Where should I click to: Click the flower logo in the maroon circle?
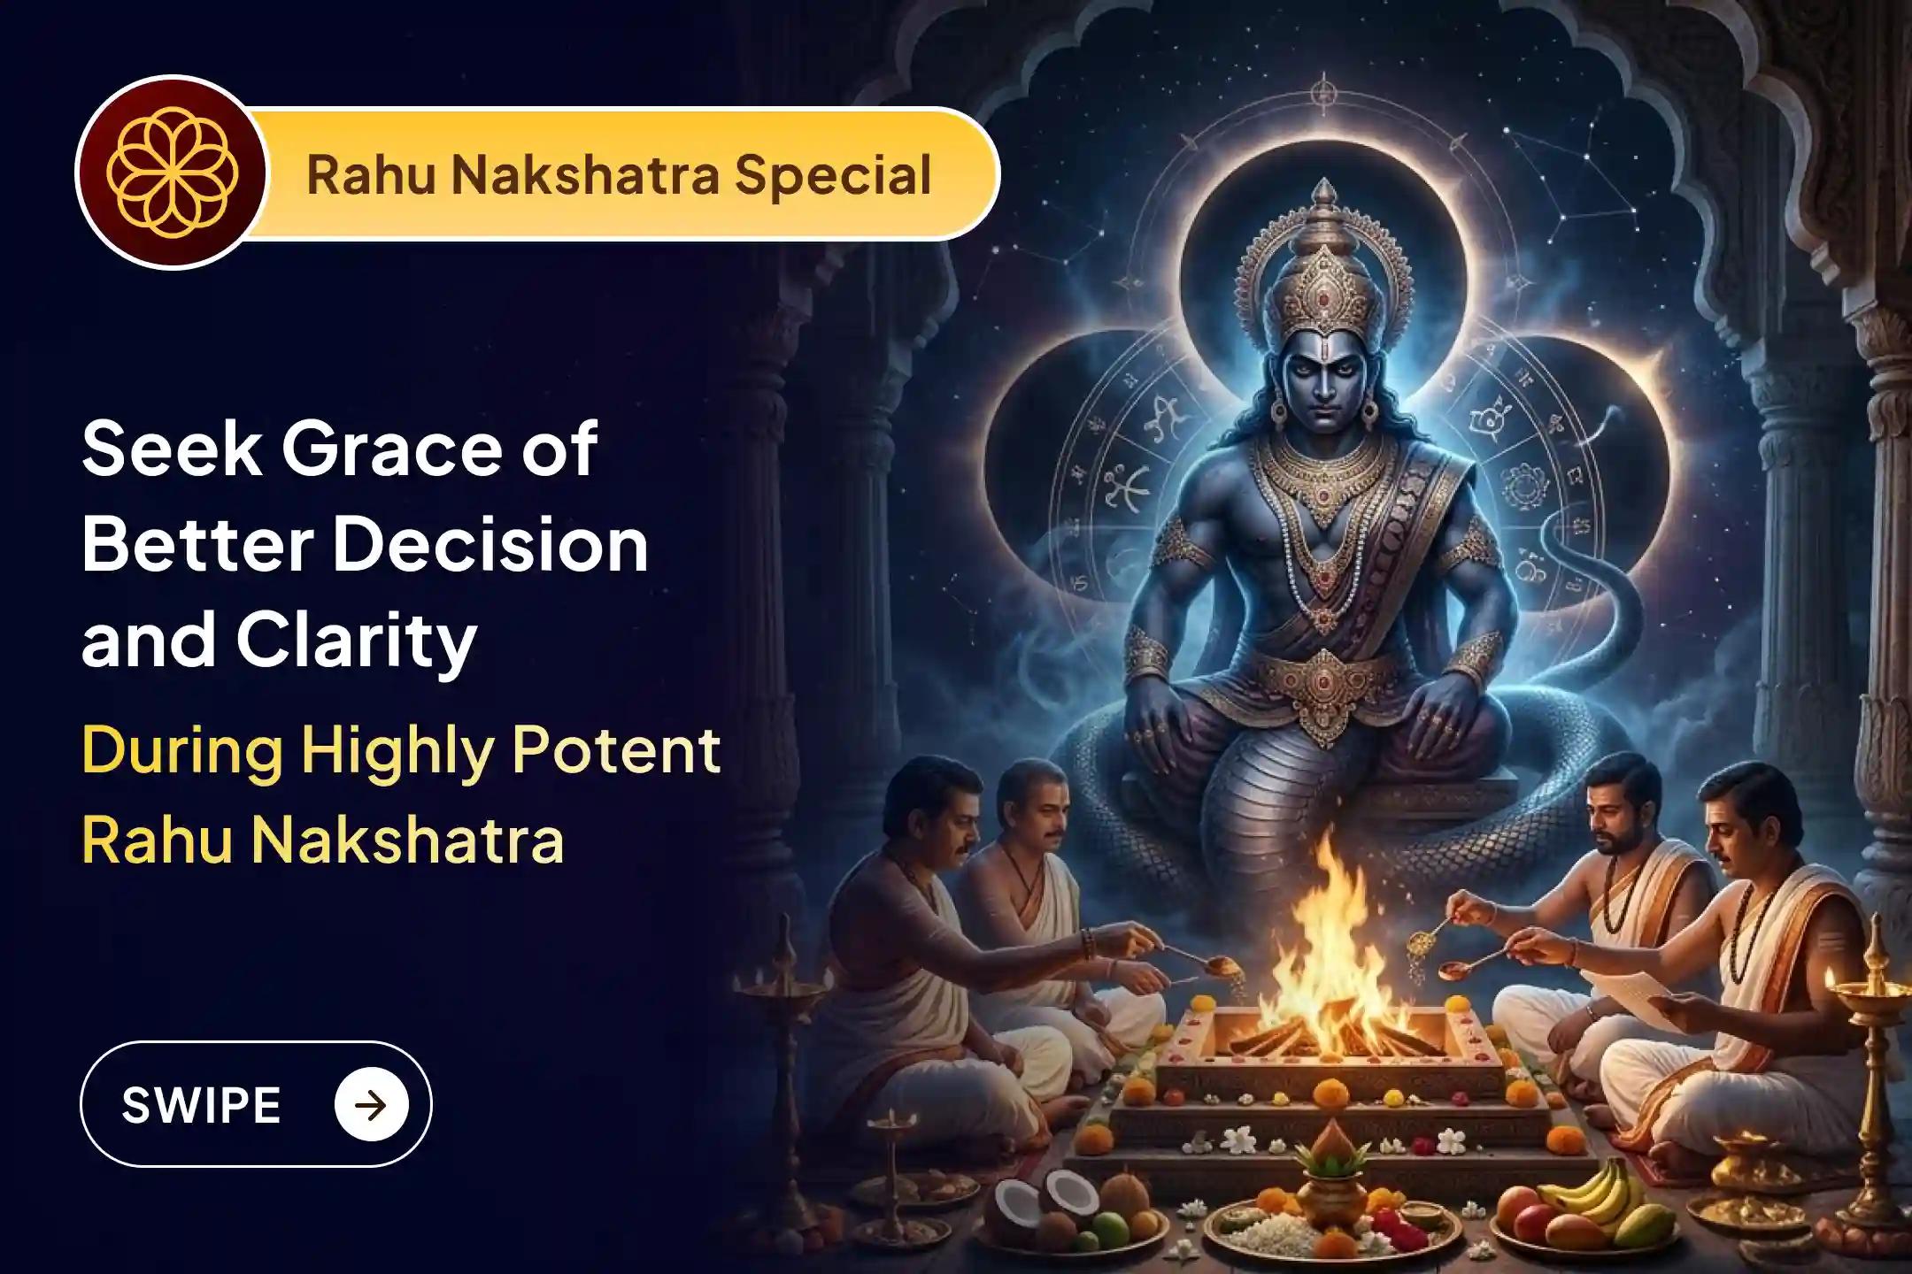(171, 173)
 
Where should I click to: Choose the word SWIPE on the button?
(201, 1105)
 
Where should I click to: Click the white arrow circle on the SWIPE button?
(371, 1105)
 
